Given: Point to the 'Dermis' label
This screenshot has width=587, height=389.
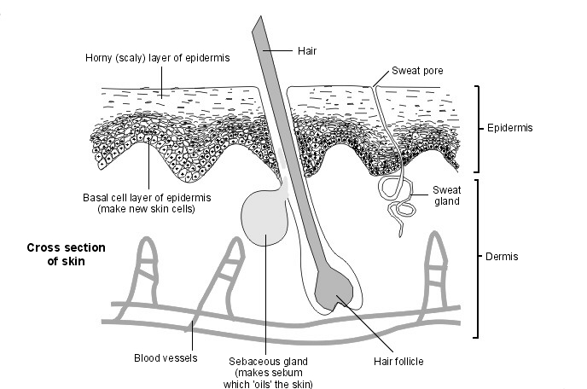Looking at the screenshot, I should [x=503, y=256].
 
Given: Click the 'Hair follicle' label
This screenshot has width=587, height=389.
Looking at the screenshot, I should [x=398, y=361].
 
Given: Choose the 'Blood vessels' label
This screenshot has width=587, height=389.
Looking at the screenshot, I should [x=166, y=357].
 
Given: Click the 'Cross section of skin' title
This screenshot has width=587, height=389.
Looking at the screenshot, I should [x=66, y=254].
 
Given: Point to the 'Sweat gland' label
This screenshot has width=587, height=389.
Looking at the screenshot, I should [x=446, y=195].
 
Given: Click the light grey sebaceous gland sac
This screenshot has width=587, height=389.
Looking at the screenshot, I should [x=265, y=221].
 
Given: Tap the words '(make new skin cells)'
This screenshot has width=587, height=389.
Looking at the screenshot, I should [x=148, y=208].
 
